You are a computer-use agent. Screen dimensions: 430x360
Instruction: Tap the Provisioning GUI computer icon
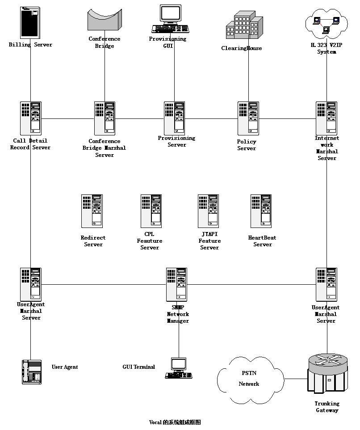click(x=170, y=18)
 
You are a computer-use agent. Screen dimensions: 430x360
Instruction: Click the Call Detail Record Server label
click(x=30, y=144)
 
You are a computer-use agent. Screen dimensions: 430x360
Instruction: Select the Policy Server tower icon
click(x=248, y=118)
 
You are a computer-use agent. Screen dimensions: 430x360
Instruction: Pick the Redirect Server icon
click(x=92, y=211)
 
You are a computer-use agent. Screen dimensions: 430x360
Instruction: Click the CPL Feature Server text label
click(x=150, y=241)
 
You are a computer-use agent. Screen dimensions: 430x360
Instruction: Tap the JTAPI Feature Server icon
click(x=208, y=211)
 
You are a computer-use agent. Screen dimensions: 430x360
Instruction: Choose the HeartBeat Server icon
click(x=261, y=211)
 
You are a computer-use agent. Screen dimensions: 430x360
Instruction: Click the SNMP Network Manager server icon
click(x=176, y=284)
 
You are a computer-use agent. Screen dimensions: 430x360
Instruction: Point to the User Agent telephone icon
click(x=32, y=372)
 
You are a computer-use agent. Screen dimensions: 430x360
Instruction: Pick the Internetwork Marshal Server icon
click(x=327, y=118)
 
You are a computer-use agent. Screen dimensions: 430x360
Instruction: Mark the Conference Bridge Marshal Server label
click(x=105, y=148)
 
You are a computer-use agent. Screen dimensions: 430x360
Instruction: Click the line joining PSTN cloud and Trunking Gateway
click(x=296, y=379)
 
